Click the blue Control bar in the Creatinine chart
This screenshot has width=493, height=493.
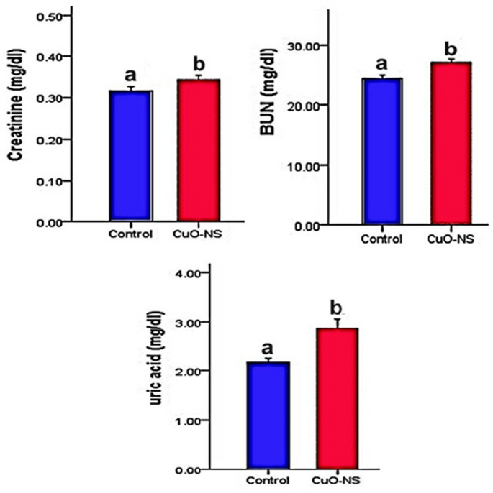tap(130, 155)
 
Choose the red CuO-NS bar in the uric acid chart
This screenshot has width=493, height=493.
tap(335, 398)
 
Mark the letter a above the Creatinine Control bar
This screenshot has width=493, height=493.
tap(130, 75)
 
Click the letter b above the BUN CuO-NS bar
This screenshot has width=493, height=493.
tap(451, 50)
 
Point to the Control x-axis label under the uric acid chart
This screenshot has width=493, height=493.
tap(267, 480)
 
